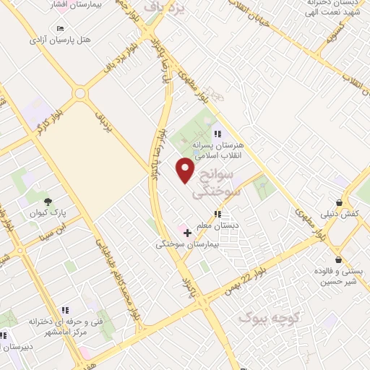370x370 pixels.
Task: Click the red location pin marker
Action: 186,171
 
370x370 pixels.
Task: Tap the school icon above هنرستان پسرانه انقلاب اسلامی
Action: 217,133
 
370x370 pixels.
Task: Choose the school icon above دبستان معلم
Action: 217,214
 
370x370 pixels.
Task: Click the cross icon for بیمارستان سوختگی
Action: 188,233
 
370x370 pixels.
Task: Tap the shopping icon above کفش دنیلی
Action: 339,203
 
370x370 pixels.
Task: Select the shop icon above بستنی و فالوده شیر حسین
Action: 337,259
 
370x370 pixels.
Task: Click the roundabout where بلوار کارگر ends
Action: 79,93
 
